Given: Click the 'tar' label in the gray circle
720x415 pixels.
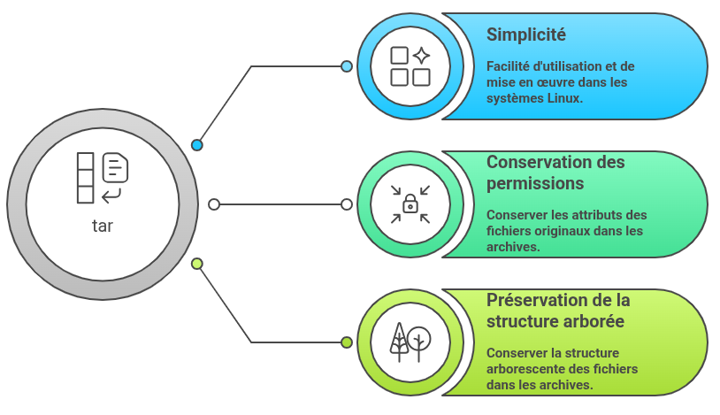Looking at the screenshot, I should [103, 226].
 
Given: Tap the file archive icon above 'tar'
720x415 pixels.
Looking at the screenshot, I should [103, 177].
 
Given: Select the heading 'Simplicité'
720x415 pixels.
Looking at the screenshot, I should [526, 35].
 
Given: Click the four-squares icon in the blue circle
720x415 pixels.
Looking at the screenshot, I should [410, 66].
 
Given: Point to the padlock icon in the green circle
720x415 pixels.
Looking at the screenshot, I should [410, 205].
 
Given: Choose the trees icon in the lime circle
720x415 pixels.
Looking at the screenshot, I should [410, 342].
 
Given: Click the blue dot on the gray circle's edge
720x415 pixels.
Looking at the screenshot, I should [197, 145].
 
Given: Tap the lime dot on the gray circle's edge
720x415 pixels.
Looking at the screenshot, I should [197, 264].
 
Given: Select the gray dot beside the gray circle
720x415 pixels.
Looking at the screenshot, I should [214, 204].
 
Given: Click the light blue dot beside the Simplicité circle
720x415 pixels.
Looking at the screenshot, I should [347, 66].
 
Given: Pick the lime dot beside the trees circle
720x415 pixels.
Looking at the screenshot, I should [347, 342].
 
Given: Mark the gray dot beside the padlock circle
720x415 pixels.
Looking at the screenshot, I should [347, 204].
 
